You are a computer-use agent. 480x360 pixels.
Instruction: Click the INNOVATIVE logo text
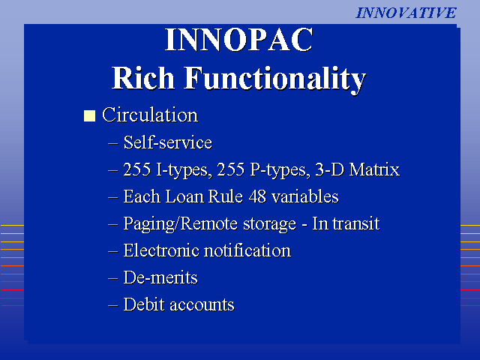pos(406,13)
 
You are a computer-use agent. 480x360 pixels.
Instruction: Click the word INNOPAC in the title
pos(239,40)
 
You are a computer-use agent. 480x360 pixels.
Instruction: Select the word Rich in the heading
pos(143,78)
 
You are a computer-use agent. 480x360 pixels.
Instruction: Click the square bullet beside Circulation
pos(89,116)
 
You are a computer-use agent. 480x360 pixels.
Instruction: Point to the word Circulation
pos(150,115)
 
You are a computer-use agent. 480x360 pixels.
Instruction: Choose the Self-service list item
pos(168,142)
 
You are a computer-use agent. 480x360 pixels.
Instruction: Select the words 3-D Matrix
pos(358,169)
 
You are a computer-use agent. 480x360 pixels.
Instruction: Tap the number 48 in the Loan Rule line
pos(257,196)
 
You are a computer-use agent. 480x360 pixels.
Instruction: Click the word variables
pos(305,196)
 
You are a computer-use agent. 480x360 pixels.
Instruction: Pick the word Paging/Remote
pos(181,224)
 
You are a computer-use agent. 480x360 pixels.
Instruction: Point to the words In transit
pos(346,223)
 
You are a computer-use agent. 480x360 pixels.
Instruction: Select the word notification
pos(247,250)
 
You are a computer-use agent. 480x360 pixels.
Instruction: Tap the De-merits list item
pos(160,277)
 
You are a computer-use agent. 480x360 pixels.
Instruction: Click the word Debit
pos(144,304)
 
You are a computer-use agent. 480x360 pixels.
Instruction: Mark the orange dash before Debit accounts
pos(113,305)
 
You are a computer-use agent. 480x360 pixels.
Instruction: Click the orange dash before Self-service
pos(113,143)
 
